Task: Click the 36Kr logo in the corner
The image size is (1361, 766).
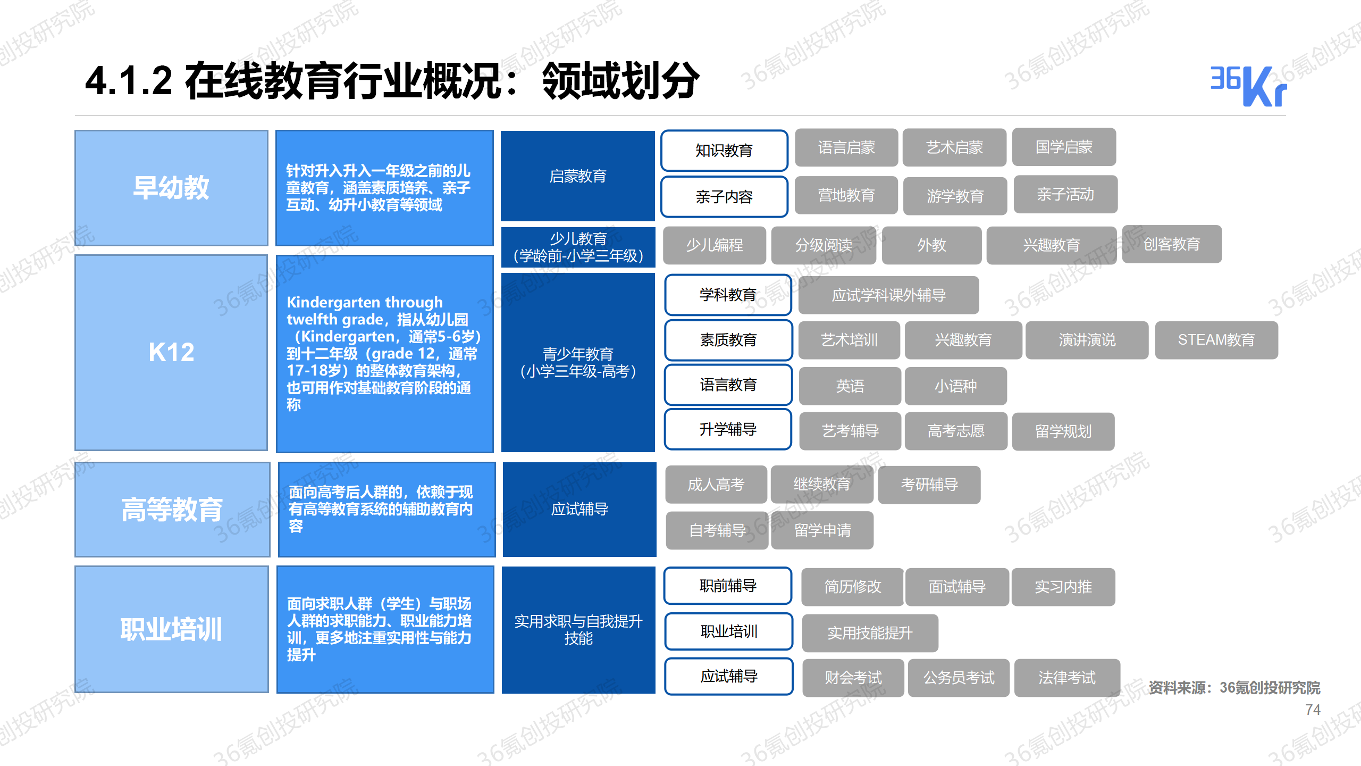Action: click(1248, 86)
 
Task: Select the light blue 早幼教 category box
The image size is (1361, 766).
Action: click(171, 188)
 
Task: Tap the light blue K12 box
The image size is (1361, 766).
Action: click(171, 352)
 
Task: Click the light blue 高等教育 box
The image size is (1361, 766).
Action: click(172, 509)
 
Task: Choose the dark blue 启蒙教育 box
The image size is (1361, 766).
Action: click(578, 176)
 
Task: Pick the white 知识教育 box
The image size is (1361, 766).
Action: click(724, 151)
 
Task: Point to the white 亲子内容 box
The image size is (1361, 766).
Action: click(724, 197)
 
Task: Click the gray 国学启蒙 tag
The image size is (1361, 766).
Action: click(1064, 147)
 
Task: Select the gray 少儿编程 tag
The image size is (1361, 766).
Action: click(715, 245)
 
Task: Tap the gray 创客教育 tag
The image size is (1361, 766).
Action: click(1172, 244)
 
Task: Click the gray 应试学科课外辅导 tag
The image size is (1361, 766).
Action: click(888, 295)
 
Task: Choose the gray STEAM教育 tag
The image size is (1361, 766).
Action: click(1216, 340)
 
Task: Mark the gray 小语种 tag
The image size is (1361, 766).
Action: click(956, 386)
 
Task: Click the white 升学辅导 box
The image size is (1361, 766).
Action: click(728, 429)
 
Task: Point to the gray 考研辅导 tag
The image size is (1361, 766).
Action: click(929, 485)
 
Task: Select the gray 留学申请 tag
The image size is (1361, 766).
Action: click(822, 530)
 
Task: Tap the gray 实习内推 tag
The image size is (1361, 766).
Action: click(1063, 587)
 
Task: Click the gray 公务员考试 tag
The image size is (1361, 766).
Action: click(959, 678)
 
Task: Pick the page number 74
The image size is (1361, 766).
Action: click(1313, 710)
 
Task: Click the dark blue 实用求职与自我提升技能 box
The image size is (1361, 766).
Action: click(578, 630)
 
